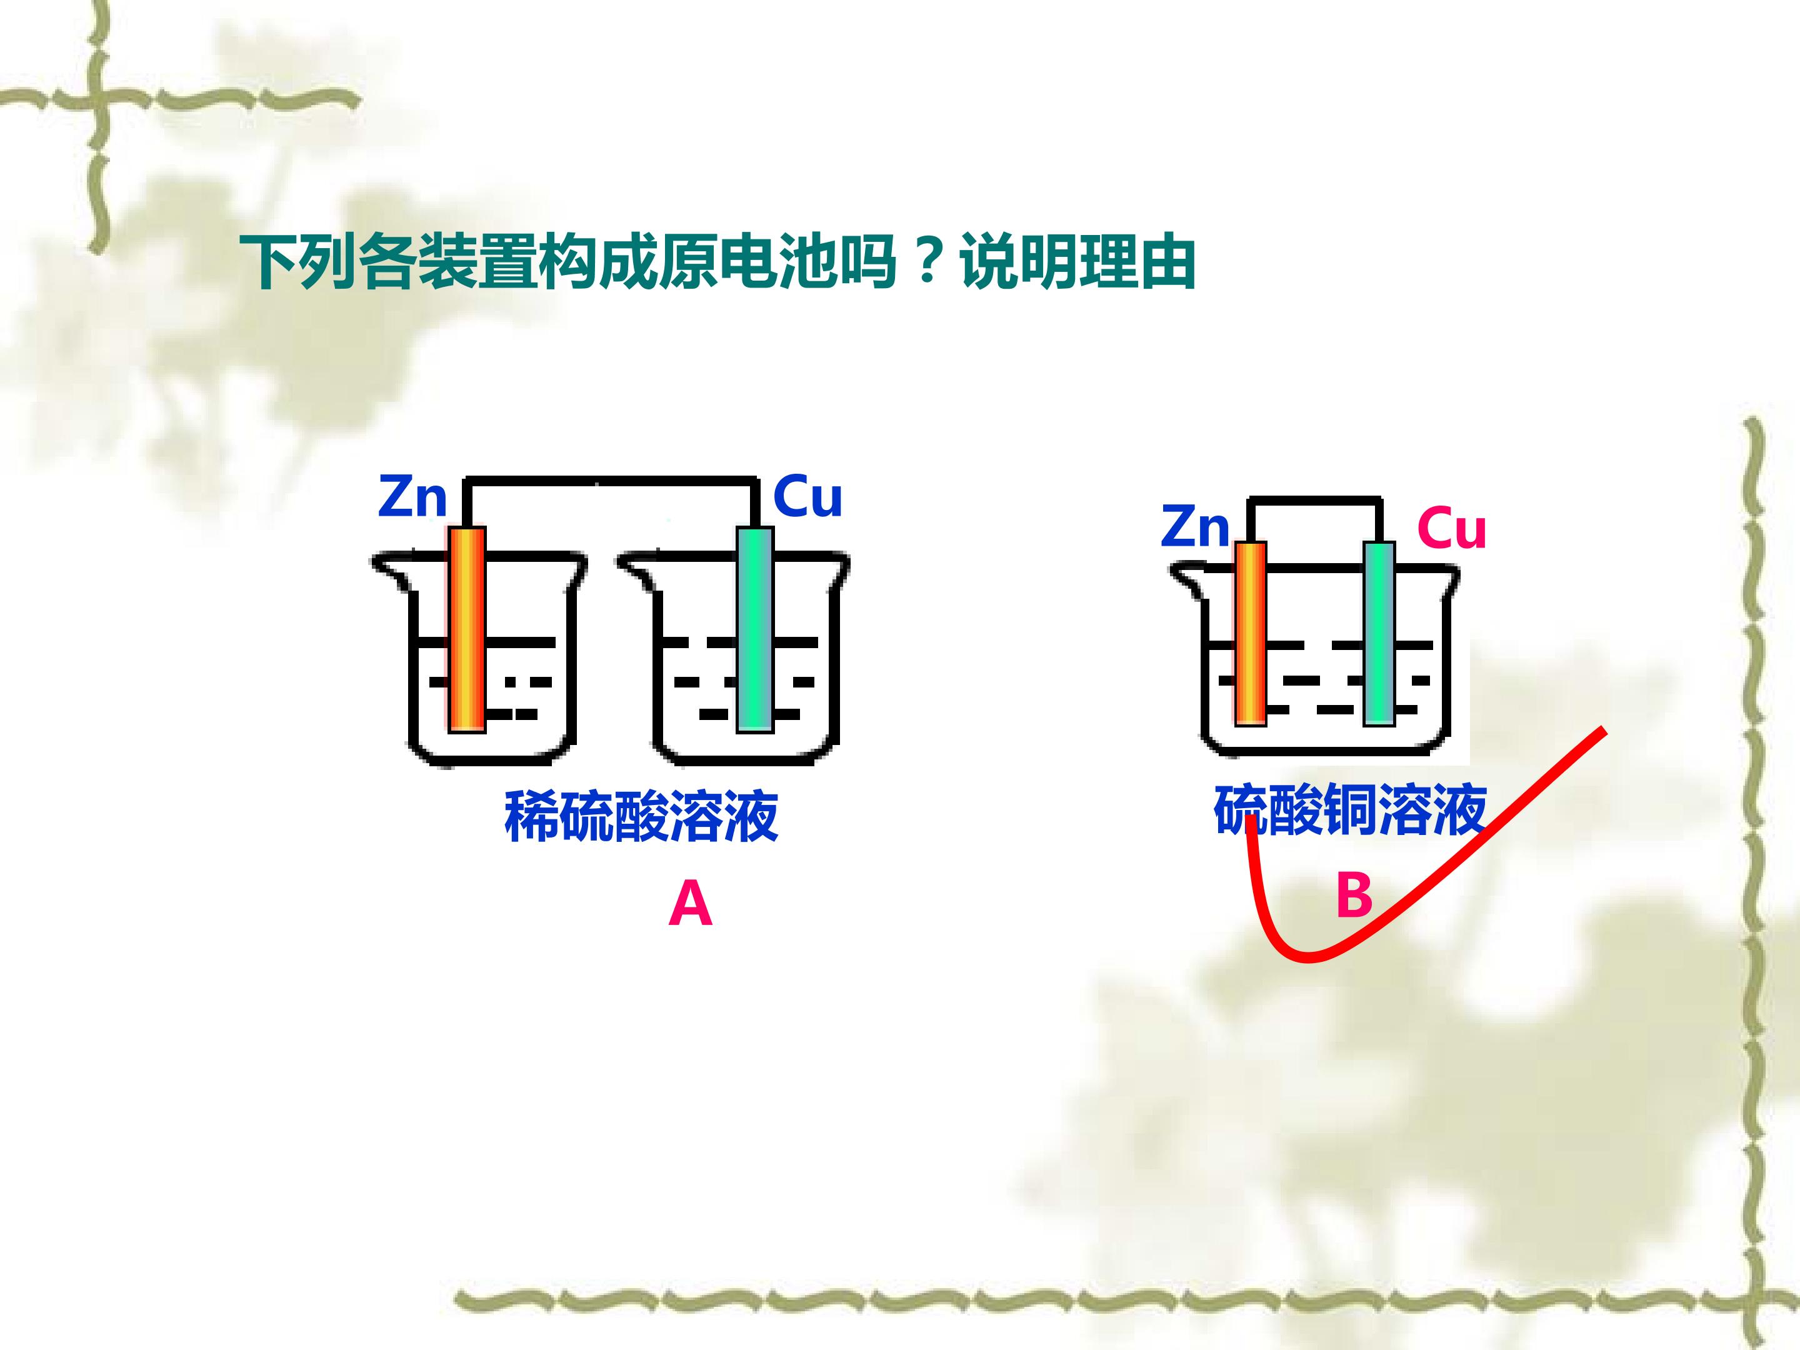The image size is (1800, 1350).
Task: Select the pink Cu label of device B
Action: point(1452,529)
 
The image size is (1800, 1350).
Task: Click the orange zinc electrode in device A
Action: point(467,629)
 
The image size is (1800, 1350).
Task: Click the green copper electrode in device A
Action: point(754,629)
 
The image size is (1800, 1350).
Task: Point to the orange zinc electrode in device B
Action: point(1251,633)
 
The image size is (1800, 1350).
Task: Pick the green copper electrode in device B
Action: point(1379,633)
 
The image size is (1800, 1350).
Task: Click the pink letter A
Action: point(690,905)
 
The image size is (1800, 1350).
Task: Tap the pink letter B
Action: point(1354,895)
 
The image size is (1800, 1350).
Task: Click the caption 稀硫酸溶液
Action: point(641,816)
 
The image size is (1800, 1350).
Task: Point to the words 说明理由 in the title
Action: point(1077,262)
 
